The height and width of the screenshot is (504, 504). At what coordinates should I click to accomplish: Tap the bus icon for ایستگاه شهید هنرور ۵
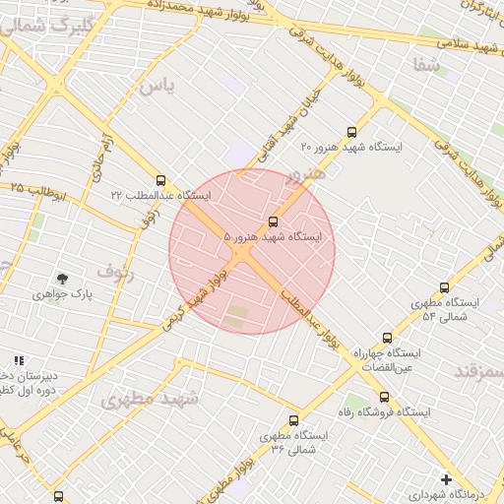pyautogui.click(x=274, y=221)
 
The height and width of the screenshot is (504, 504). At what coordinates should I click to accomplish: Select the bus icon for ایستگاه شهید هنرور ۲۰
pyautogui.click(x=352, y=132)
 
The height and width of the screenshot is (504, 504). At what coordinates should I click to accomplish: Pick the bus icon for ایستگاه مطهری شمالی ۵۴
pyautogui.click(x=444, y=288)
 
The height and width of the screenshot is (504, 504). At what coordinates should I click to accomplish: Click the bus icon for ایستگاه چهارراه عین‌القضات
pyautogui.click(x=387, y=338)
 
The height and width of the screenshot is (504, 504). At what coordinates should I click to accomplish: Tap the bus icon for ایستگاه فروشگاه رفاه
pyautogui.click(x=384, y=397)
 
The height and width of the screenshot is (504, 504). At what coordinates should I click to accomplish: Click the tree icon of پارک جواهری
pyautogui.click(x=63, y=280)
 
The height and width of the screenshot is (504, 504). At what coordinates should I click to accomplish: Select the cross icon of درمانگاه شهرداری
pyautogui.click(x=447, y=480)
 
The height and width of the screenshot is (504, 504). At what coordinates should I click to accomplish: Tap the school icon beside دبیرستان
pyautogui.click(x=19, y=361)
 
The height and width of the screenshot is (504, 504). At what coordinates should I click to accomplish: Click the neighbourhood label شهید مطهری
pyautogui.click(x=151, y=399)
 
